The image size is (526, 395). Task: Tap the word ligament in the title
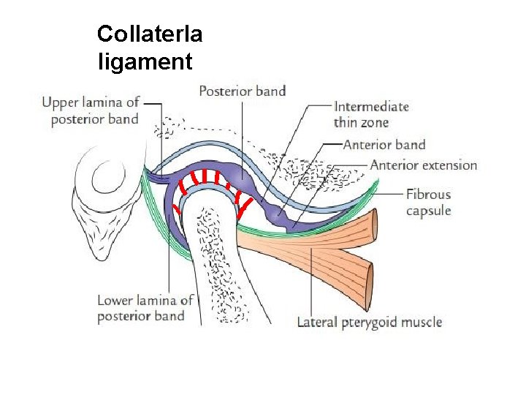[145, 62]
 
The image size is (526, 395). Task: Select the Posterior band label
[242, 91]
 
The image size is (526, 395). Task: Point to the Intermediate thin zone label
[371, 115]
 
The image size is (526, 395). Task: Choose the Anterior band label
[384, 145]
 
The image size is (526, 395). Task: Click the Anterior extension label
[424, 165]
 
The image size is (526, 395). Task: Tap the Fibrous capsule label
[429, 203]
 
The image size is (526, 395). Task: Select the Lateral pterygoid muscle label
[370, 322]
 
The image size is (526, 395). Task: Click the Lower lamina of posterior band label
[145, 308]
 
